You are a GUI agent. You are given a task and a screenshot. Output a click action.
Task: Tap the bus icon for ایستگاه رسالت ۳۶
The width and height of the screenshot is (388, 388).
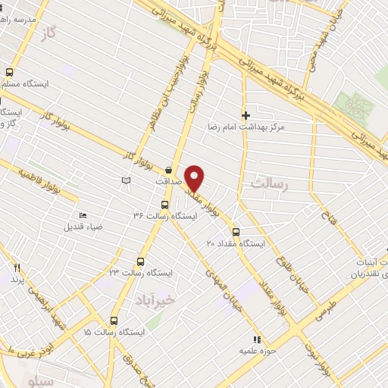165,205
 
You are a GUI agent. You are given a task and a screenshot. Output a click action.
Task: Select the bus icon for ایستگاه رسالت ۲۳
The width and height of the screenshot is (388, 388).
139,261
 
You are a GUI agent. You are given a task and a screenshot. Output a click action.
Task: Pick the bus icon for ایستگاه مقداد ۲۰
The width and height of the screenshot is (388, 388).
236,232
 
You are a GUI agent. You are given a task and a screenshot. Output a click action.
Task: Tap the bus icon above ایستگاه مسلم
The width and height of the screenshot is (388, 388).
9,73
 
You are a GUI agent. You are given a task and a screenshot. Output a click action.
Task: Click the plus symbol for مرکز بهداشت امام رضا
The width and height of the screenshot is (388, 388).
246,115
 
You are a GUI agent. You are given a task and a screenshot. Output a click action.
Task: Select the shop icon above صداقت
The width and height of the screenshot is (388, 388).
168,170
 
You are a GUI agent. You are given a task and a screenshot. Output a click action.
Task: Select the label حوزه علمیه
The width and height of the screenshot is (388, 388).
258,351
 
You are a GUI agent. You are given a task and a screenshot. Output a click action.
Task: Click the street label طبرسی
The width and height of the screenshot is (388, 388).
324,306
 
